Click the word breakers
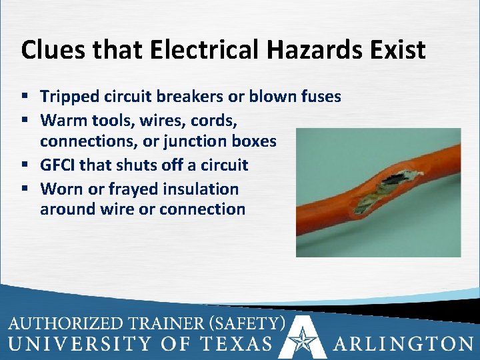pyautogui.click(x=190, y=97)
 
